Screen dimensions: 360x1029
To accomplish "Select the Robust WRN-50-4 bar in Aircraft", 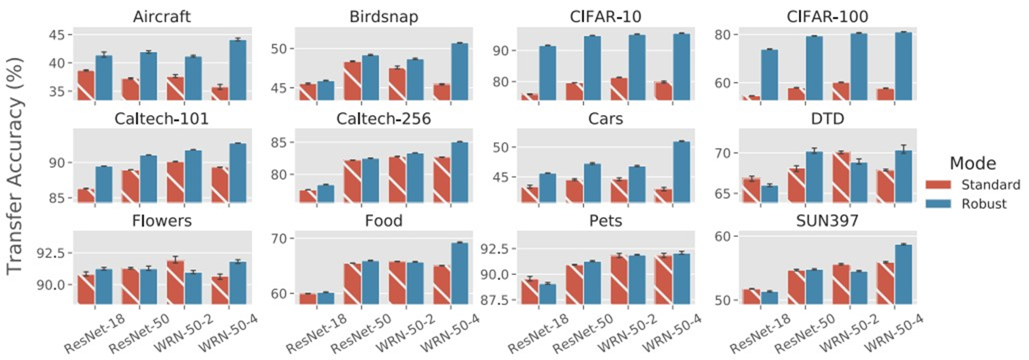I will [x=238, y=70].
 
